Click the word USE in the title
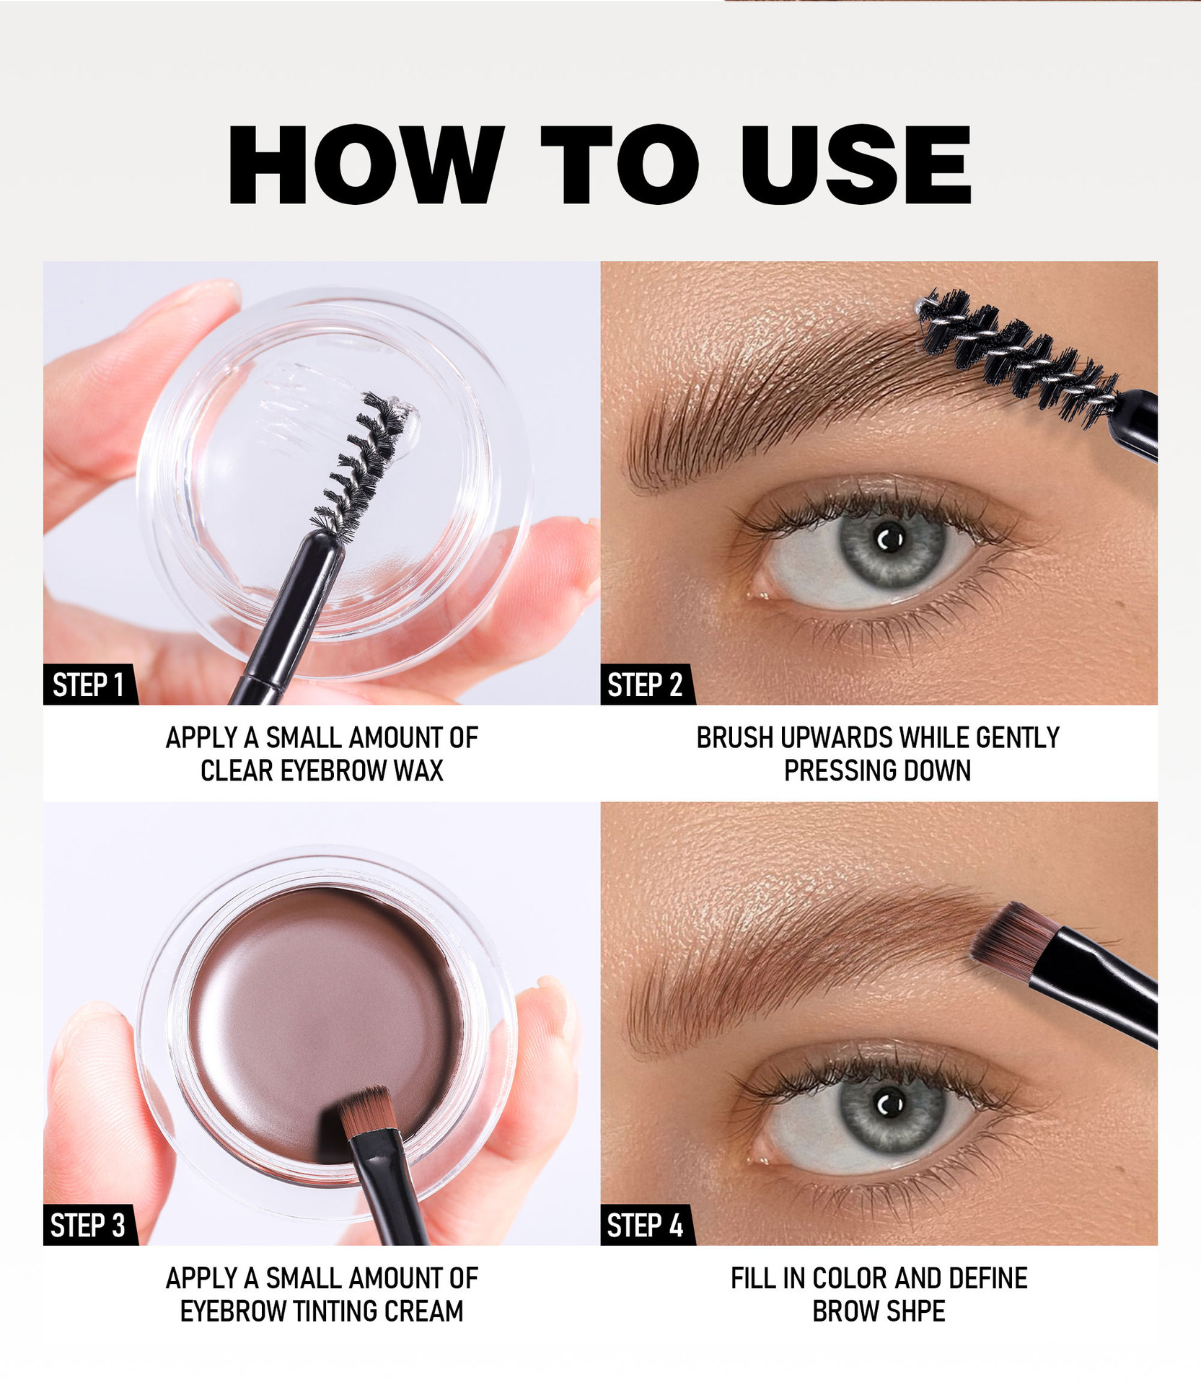pos(855,165)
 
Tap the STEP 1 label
pos(89,685)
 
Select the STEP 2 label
pos(645,685)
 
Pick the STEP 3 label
pos(88,1226)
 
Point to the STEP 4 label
pos(645,1226)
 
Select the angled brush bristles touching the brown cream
pos(366,1111)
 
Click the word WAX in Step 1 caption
pos(418,770)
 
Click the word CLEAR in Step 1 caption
pos(237,770)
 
